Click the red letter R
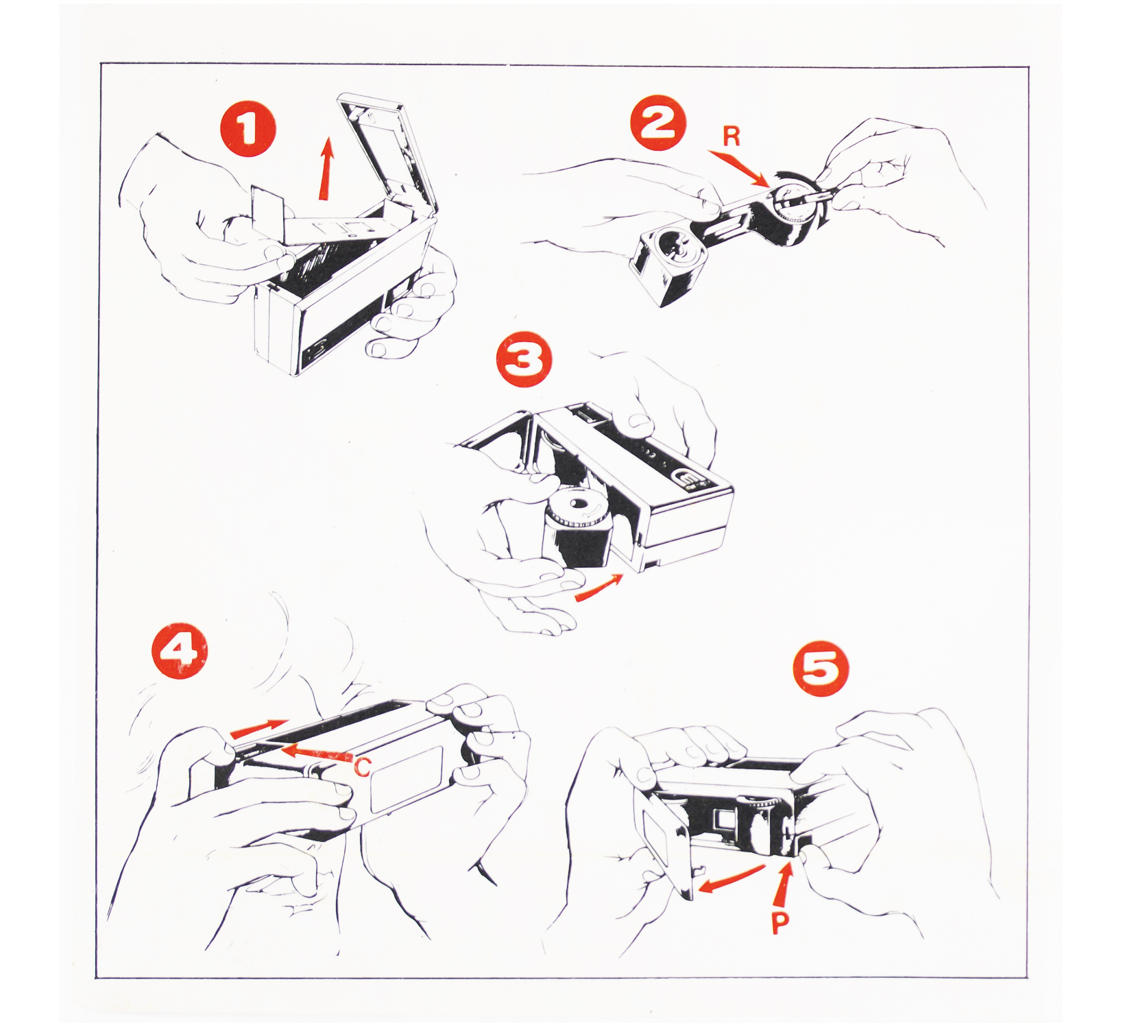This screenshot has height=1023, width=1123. (732, 137)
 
